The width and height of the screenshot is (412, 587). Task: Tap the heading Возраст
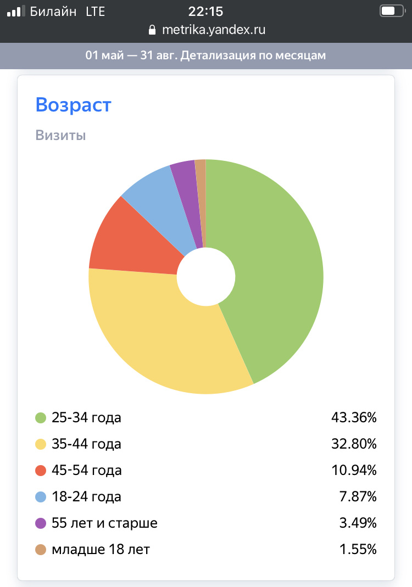click(73, 104)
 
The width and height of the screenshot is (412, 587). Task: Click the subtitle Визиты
click(60, 135)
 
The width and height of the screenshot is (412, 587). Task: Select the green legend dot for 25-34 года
click(41, 418)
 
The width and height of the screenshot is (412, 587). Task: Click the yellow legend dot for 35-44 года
click(41, 444)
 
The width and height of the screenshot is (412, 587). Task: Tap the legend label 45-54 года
click(86, 471)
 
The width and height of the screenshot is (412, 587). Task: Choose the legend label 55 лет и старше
click(104, 523)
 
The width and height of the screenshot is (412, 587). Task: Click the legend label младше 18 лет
click(101, 549)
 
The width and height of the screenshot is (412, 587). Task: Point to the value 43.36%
click(354, 418)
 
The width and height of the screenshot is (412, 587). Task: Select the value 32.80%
click(354, 444)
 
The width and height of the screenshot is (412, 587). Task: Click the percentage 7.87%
click(358, 497)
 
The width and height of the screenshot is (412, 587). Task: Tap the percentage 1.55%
click(358, 549)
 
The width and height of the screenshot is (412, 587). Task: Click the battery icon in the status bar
click(391, 11)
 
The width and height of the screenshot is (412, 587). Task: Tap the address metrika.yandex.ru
click(213, 30)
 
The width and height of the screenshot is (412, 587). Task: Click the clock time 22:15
click(206, 11)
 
